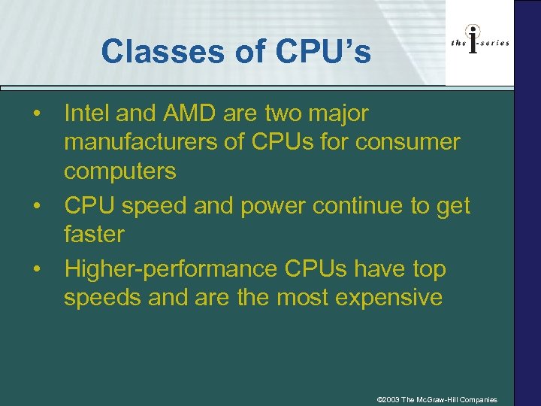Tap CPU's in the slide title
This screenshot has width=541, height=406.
pos(324,52)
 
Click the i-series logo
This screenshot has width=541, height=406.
pos(479,43)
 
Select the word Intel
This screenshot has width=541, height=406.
pos(88,114)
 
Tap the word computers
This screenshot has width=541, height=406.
pos(119,171)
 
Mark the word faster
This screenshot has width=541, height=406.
pos(94,234)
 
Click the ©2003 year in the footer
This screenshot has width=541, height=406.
pos(389,399)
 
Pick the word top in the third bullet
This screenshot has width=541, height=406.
pos(429,268)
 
